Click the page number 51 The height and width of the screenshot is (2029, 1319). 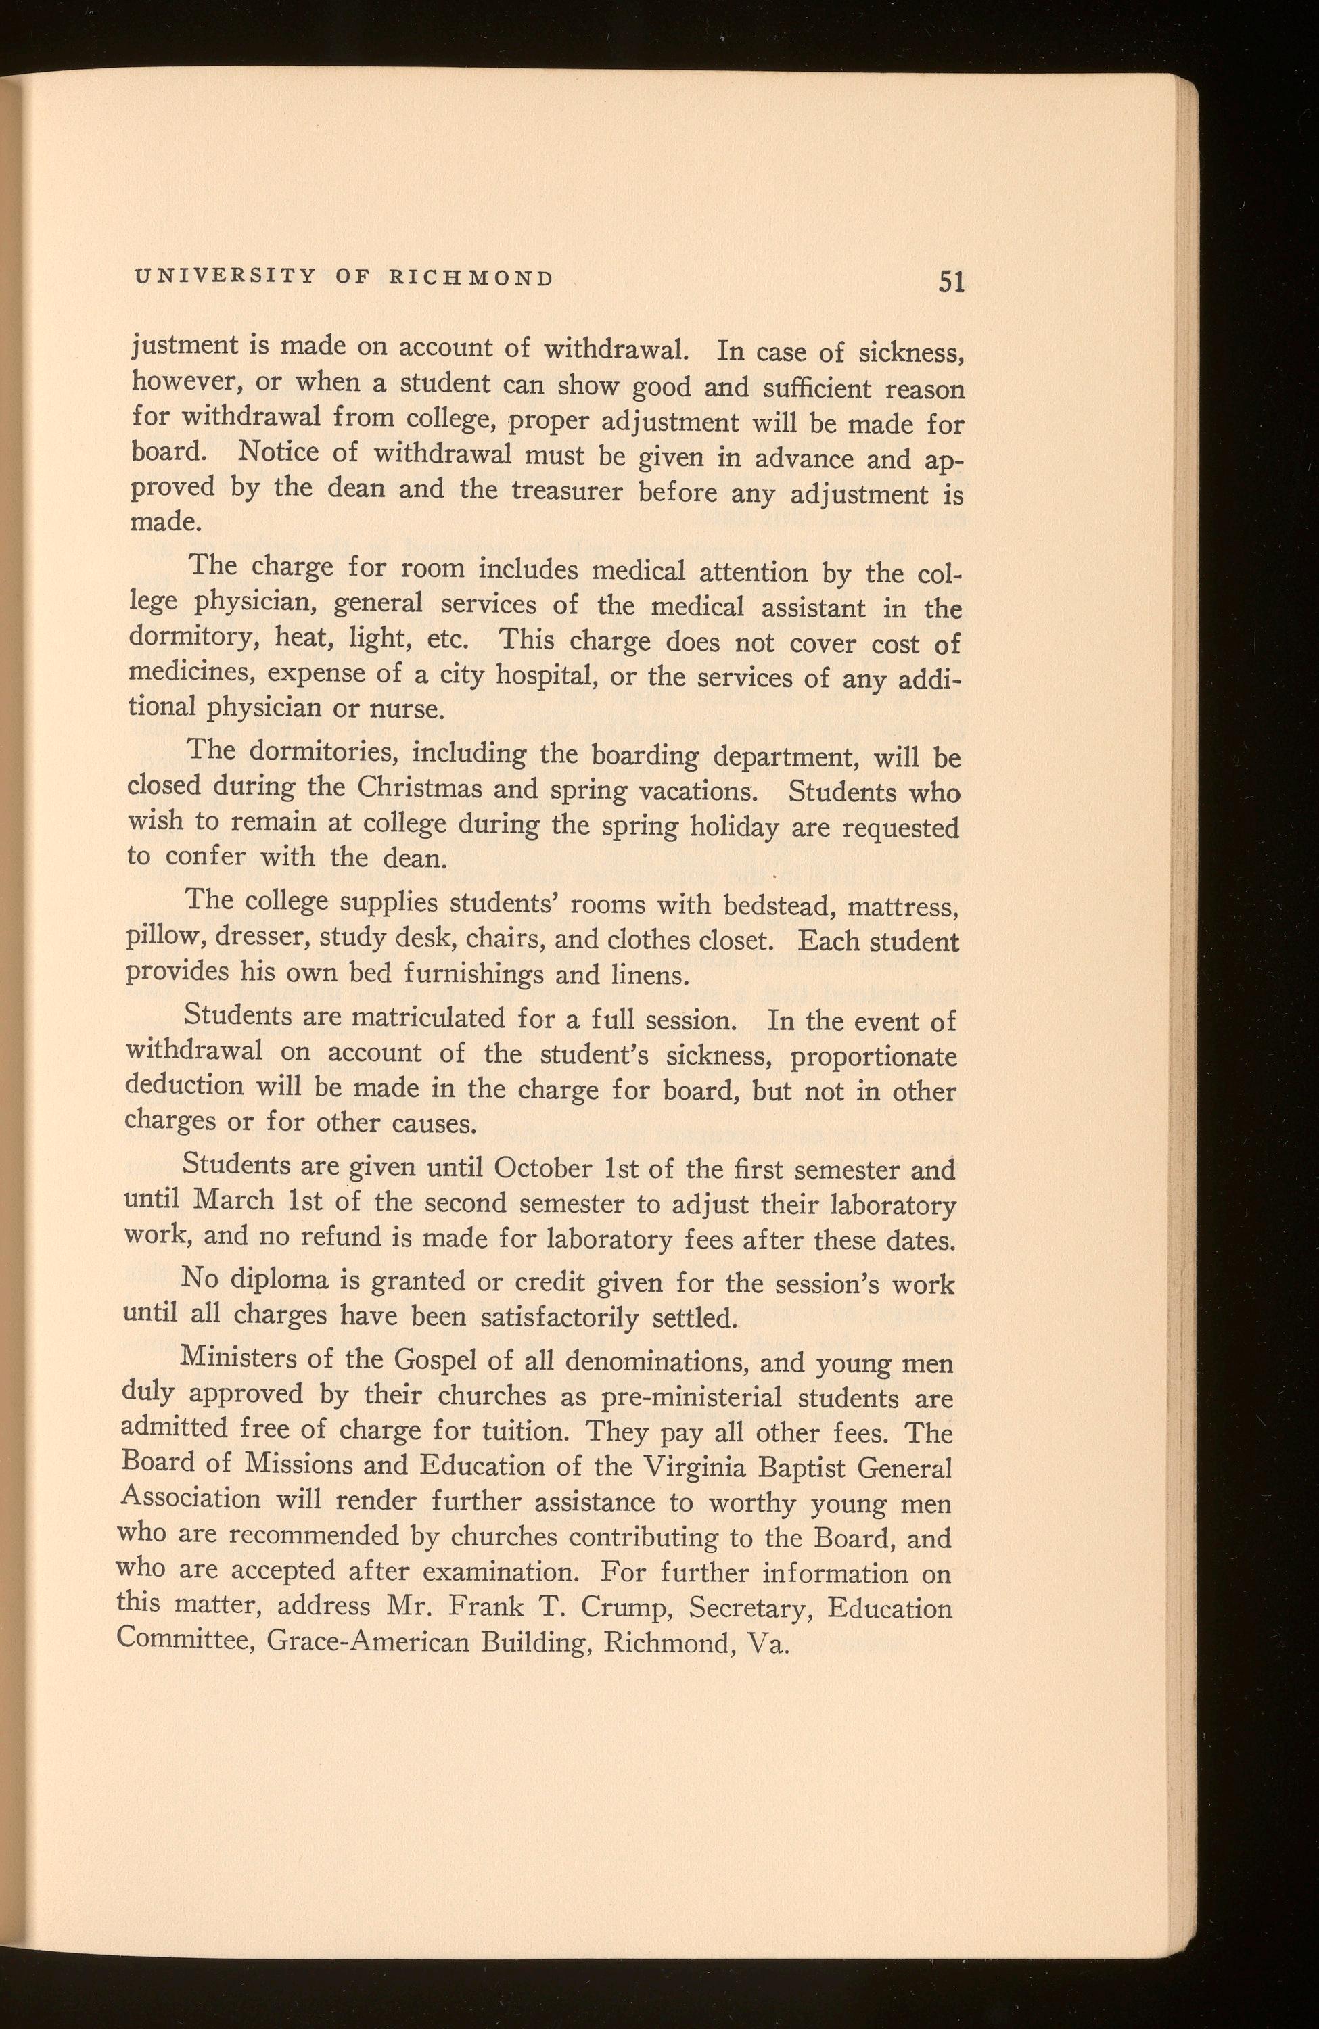click(x=950, y=281)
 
